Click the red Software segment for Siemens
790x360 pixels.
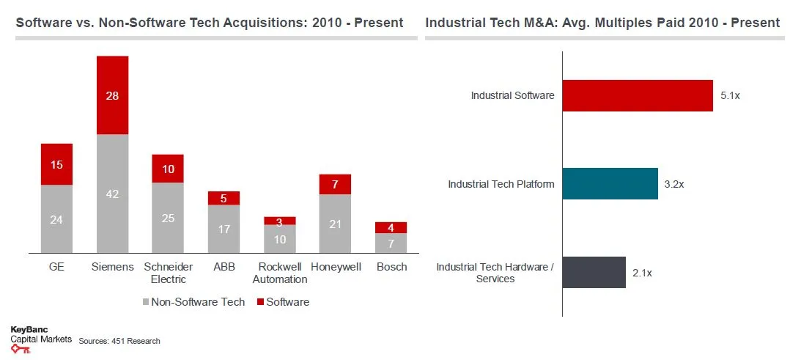coord(112,95)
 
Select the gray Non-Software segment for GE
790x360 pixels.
coord(56,219)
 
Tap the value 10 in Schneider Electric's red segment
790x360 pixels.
coord(168,169)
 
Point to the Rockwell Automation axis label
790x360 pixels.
coord(280,273)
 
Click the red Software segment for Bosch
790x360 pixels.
coord(391,227)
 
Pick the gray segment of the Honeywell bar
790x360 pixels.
coord(335,224)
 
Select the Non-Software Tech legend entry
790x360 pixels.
coord(191,302)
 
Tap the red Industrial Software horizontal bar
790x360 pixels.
coord(638,95)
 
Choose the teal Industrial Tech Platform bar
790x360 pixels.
coord(610,184)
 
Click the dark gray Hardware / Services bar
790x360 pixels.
coord(594,273)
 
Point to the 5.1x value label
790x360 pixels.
coord(731,95)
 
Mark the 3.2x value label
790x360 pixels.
coord(673,184)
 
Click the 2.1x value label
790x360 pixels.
coord(642,273)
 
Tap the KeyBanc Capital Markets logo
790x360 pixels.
coord(40,339)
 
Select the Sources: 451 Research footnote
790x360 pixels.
coord(119,341)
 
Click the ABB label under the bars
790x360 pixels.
coord(224,267)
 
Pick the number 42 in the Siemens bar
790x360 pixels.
coord(112,194)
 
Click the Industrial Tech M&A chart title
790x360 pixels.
coord(602,23)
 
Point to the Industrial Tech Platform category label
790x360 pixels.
coord(501,184)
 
